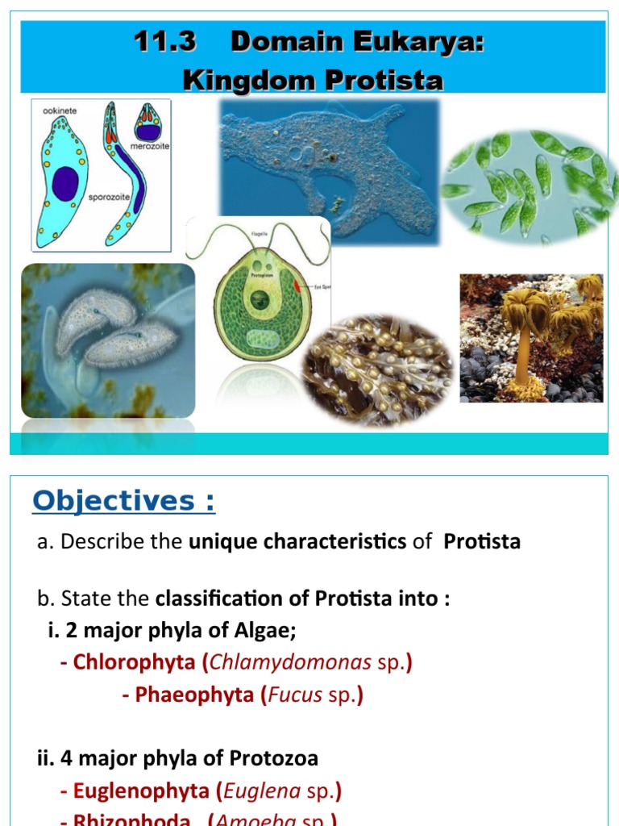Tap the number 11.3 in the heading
[x=165, y=42]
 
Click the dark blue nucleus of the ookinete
[x=65, y=183]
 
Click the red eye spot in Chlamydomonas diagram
[x=299, y=284]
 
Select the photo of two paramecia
[x=108, y=340]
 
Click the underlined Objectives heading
[x=123, y=502]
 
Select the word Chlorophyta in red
[x=134, y=662]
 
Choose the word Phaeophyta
[x=194, y=695]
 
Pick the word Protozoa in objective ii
[x=274, y=758]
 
